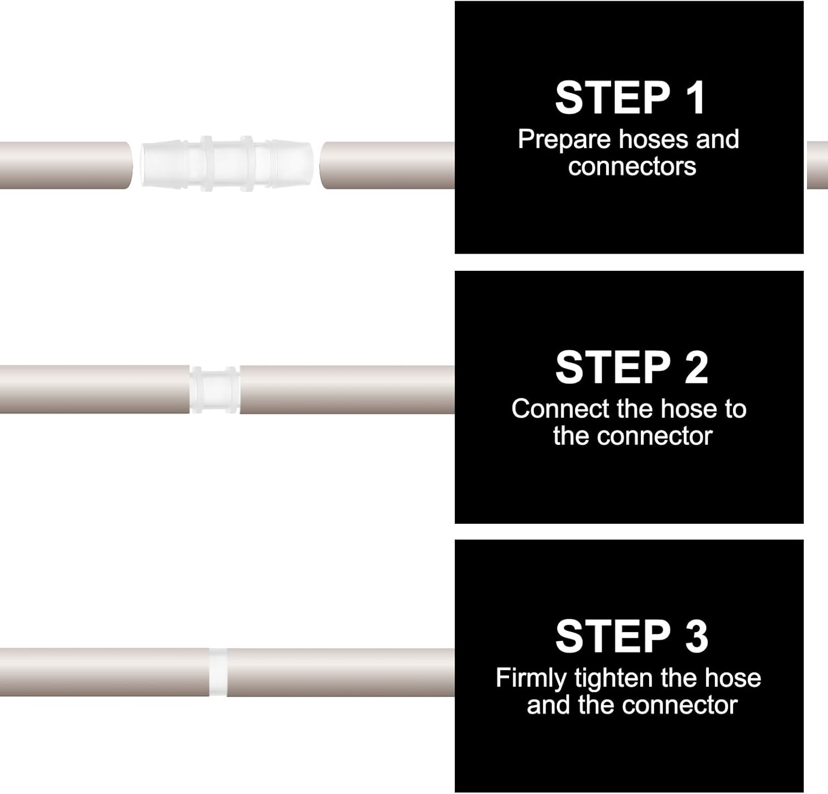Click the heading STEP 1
[x=630, y=98]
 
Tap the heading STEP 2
[x=631, y=367]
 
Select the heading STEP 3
[x=631, y=637]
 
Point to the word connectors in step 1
[x=632, y=166]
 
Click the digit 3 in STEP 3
[x=696, y=637]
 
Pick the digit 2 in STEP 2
[x=696, y=367]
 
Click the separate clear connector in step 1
[x=227, y=165]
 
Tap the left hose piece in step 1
[x=65, y=165]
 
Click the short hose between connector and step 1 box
[x=388, y=165]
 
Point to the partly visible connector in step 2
[x=214, y=389]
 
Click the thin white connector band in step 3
[x=218, y=672]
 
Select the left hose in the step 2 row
[x=94, y=389]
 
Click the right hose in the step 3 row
[x=341, y=672]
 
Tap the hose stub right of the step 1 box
[x=817, y=165]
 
